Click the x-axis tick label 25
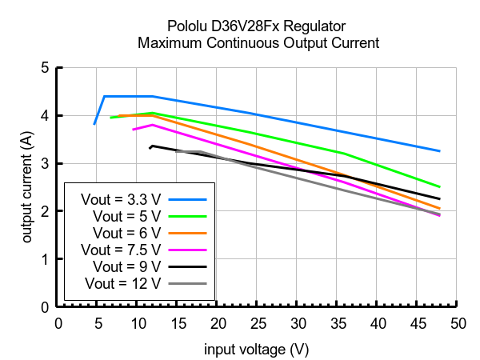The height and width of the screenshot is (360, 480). tap(257, 323)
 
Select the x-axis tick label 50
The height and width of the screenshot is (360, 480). tap(457, 323)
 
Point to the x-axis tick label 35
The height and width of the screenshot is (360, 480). tap(337, 323)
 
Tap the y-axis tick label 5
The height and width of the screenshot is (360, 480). tap(44, 68)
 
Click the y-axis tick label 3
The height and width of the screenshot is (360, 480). tap(44, 164)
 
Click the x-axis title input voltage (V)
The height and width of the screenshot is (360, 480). tap(256, 350)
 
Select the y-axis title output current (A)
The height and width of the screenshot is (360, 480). tap(26, 188)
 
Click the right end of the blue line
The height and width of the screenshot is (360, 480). tap(439, 150)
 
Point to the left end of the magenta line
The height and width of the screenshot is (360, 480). tap(134, 130)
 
